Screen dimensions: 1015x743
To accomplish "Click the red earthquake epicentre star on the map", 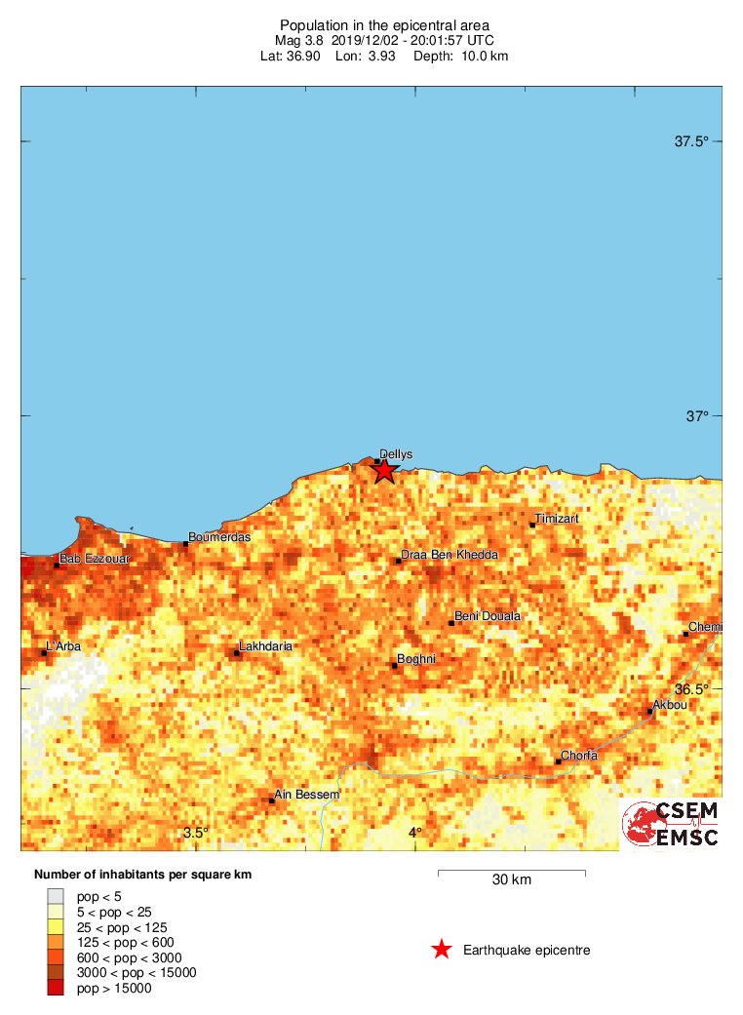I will coord(385,470).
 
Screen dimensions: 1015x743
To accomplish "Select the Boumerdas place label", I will coord(219,537).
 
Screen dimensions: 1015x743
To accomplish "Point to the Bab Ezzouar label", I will coord(94,560).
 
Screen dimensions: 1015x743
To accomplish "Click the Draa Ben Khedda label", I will coord(450,555).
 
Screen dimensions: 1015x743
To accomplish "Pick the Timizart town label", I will coord(557,519).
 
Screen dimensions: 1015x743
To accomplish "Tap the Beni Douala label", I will coord(488,616).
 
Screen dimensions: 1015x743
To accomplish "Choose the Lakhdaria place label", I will coord(265,646).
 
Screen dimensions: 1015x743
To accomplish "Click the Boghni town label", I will coord(416,659).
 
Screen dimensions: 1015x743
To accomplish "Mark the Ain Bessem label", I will coord(307,795).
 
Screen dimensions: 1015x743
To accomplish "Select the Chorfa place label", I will coord(579,756).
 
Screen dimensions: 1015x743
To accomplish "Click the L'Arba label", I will coord(65,646).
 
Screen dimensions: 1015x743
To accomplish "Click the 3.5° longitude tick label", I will coord(196,832).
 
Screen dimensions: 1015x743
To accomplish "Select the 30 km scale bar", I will coord(511,871).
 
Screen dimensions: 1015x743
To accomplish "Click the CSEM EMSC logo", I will coord(672,824).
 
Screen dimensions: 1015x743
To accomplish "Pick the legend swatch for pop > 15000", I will coord(56,989).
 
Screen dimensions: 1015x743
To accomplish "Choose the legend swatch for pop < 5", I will coord(56,895).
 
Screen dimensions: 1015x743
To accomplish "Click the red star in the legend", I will coord(442,950).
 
